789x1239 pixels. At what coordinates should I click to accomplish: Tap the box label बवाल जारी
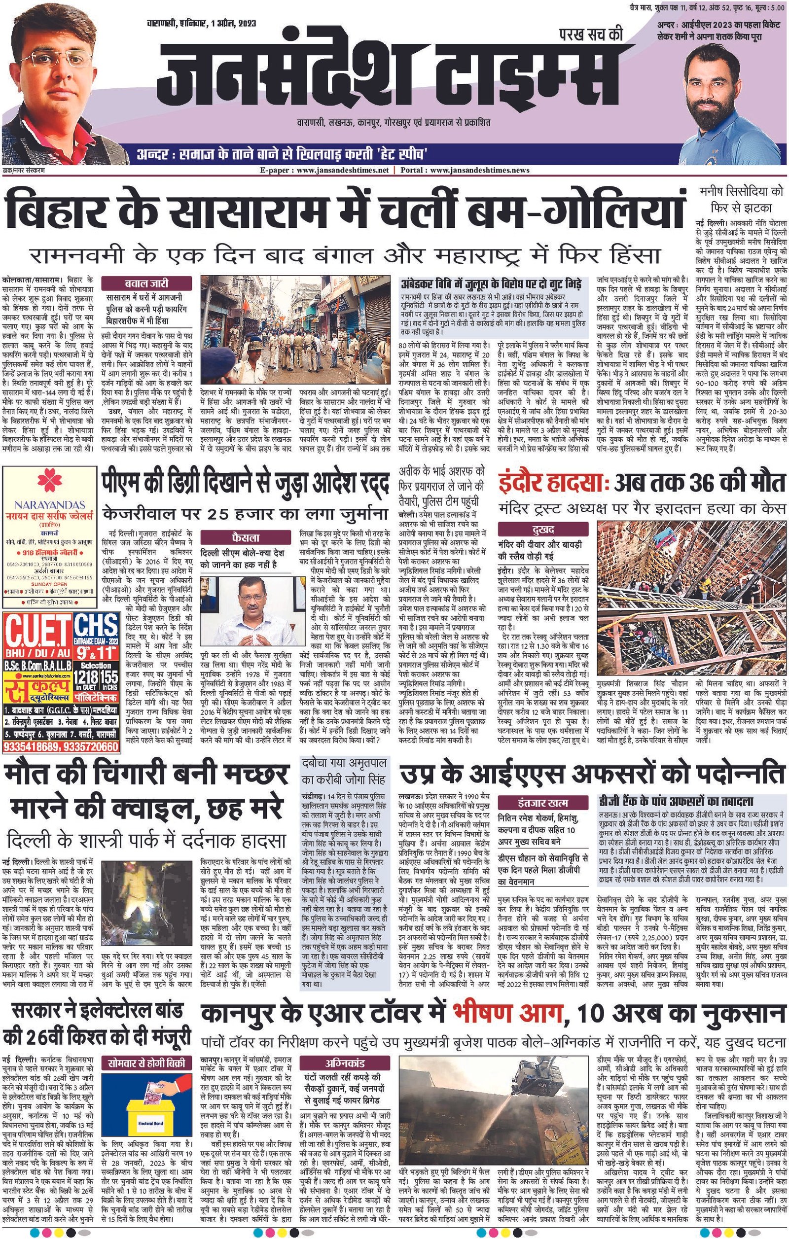(x=146, y=283)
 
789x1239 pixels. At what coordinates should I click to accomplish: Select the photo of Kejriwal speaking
(x=246, y=612)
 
